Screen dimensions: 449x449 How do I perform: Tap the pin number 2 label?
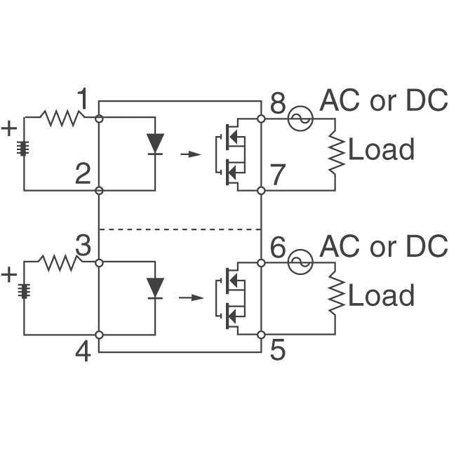pyautogui.click(x=83, y=174)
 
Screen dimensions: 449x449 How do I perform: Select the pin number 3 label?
pyautogui.click(x=83, y=246)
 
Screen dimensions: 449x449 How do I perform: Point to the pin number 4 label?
pyautogui.click(x=83, y=351)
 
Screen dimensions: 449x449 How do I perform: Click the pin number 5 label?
pyautogui.click(x=278, y=349)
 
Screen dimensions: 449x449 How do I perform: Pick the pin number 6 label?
pyautogui.click(x=278, y=247)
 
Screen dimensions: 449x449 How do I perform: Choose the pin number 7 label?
pyautogui.click(x=278, y=175)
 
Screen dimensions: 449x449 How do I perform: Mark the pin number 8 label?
pyautogui.click(x=278, y=104)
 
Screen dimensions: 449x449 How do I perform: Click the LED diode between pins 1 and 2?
pyautogui.click(x=156, y=142)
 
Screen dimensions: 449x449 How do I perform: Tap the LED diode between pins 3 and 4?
pyautogui.click(x=156, y=286)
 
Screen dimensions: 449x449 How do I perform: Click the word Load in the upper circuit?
pyautogui.click(x=381, y=149)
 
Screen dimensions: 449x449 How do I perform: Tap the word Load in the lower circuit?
pyautogui.click(x=381, y=295)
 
